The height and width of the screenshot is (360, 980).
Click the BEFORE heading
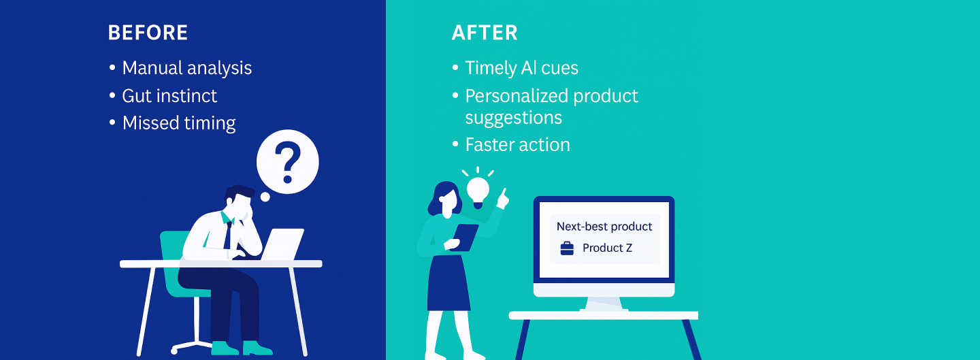(x=148, y=33)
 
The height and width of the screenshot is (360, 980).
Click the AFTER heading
(x=485, y=33)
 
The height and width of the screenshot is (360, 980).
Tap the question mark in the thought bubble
(x=287, y=164)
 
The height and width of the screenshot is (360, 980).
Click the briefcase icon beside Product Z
(x=567, y=248)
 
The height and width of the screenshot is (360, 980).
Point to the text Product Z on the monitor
(x=607, y=248)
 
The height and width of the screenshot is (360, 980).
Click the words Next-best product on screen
(x=604, y=227)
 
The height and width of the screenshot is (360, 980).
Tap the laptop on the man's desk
(x=282, y=244)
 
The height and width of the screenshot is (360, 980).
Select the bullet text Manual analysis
(x=186, y=68)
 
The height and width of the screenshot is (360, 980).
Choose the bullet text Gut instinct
(x=169, y=96)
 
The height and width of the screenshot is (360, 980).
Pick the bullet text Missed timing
(x=179, y=123)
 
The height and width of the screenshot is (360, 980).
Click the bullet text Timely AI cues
(x=521, y=68)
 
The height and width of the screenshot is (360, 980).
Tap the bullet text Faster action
(x=517, y=145)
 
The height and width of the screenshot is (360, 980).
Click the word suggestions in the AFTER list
(x=514, y=118)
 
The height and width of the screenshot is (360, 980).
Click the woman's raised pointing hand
(x=503, y=199)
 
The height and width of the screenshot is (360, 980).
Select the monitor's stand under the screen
(x=604, y=304)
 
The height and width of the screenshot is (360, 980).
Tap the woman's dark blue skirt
(x=448, y=283)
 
